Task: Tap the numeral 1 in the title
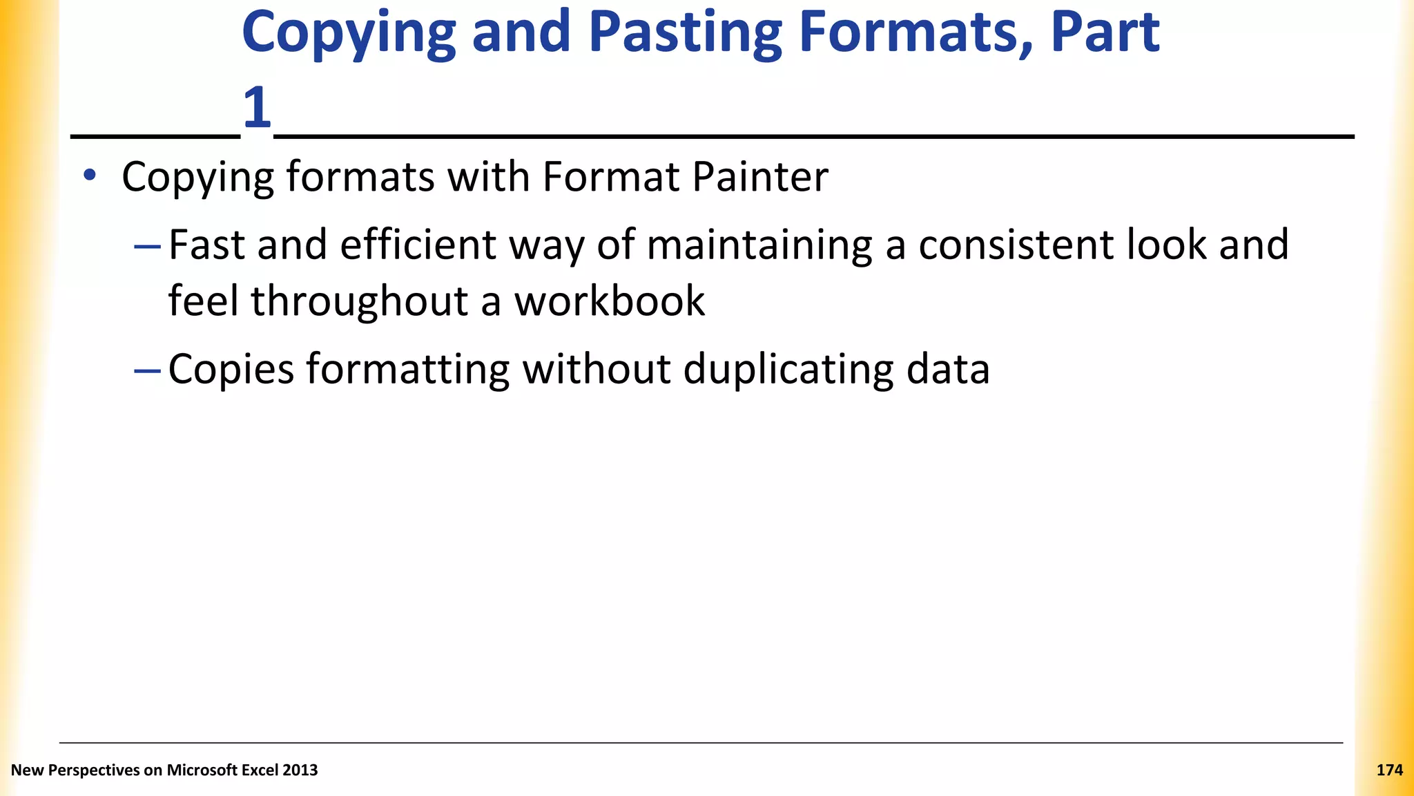(257, 107)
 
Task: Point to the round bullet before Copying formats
(89, 176)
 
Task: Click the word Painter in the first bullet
(759, 177)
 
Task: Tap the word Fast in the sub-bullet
(206, 245)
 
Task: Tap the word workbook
(610, 301)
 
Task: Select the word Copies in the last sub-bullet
(231, 369)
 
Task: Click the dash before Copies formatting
(147, 371)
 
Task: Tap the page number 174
(1389, 770)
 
